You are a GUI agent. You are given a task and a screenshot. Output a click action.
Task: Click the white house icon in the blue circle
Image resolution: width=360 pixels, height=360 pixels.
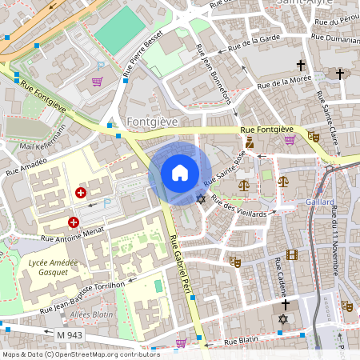tap(180, 173)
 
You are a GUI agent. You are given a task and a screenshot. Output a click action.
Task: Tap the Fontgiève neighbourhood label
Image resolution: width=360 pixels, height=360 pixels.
tap(152, 121)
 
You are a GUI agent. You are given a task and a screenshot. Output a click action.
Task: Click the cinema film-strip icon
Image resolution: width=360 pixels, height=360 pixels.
tap(291, 254)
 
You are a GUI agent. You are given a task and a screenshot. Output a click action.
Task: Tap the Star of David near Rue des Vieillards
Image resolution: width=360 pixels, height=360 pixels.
tap(201, 198)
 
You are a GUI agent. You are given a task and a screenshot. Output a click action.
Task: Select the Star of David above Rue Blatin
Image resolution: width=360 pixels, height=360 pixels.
tap(282, 319)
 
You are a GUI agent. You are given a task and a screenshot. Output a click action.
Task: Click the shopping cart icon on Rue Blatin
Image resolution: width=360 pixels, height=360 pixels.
tap(182, 342)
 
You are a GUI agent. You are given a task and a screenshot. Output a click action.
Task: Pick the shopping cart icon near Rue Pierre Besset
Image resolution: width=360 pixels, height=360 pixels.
tap(98, 82)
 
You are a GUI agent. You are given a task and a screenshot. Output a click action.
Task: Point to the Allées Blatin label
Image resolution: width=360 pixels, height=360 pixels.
tap(92, 314)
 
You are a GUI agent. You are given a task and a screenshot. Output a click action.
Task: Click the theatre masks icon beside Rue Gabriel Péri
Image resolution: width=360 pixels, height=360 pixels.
tap(235, 261)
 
